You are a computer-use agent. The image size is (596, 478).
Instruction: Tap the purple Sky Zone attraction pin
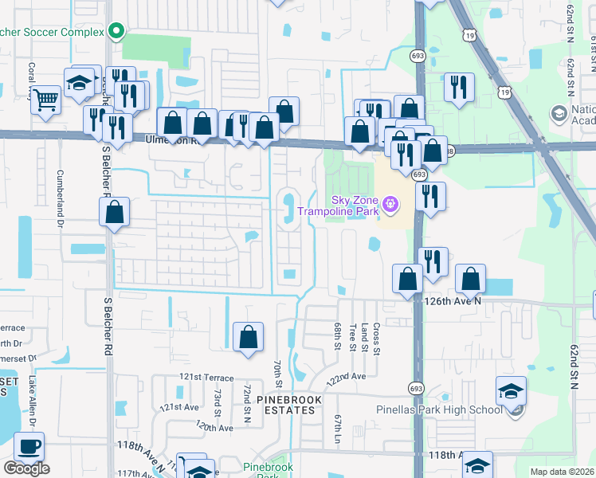390,205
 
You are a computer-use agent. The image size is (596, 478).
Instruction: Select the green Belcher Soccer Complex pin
117,32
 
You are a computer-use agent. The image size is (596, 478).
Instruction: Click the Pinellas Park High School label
440,409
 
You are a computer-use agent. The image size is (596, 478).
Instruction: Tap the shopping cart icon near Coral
47,100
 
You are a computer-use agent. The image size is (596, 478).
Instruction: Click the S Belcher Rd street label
108,326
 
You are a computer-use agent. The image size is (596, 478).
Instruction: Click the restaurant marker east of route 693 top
458,87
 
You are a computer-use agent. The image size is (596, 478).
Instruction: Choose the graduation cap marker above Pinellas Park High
511,390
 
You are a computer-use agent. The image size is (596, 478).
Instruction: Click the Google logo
26,468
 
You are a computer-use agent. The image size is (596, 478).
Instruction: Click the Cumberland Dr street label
60,195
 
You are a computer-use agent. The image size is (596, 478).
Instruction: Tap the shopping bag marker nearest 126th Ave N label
471,280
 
